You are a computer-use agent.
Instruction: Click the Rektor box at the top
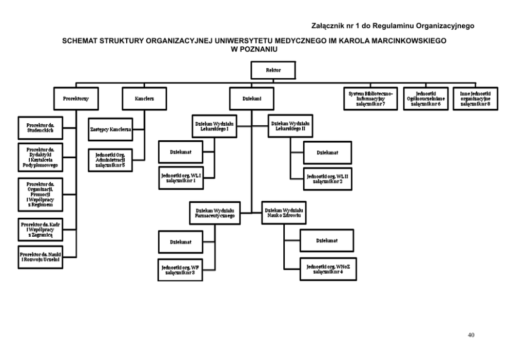(273, 71)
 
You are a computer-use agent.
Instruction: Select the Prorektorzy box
(76, 99)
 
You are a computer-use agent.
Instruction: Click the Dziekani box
(251, 99)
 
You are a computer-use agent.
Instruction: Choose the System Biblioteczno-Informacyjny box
(370, 99)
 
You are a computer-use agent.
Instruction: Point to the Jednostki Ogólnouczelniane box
(425, 99)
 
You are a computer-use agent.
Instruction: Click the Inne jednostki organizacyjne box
(475, 99)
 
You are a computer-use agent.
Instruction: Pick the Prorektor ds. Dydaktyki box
(40, 158)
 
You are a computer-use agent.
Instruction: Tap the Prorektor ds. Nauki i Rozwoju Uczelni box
(40, 257)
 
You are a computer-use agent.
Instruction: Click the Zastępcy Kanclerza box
(110, 129)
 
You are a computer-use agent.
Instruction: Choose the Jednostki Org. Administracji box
(110, 159)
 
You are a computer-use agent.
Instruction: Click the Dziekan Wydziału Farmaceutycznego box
(215, 213)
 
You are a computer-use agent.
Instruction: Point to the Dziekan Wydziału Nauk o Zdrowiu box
(284, 212)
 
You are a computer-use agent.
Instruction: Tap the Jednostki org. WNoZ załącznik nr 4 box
(327, 269)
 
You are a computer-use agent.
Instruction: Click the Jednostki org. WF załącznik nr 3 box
(180, 270)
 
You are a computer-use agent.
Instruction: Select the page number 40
(471, 335)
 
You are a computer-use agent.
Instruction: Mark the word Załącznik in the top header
(327, 25)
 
